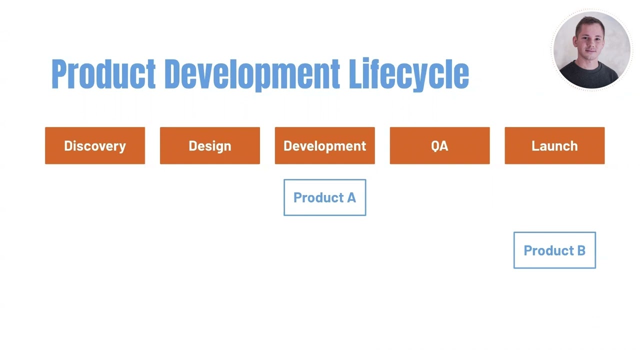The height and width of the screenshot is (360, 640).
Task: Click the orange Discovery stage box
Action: pyautogui.click(x=95, y=145)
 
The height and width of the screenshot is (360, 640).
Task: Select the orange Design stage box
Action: pyautogui.click(x=210, y=145)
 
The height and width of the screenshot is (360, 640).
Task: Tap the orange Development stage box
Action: pyautogui.click(x=325, y=145)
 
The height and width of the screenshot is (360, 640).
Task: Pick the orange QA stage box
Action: pyautogui.click(x=440, y=145)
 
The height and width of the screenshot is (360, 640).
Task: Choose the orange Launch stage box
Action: pyautogui.click(x=554, y=145)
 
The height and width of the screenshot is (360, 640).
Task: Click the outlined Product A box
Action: pyautogui.click(x=325, y=197)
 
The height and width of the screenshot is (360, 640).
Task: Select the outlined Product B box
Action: pyautogui.click(x=554, y=250)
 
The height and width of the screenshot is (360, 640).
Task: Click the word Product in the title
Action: pyautogui.click(x=103, y=74)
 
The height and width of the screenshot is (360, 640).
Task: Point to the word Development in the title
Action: pyautogui.click(x=252, y=74)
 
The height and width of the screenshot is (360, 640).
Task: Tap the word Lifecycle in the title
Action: pyautogui.click(x=408, y=74)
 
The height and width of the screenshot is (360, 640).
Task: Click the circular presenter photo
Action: pyautogui.click(x=591, y=50)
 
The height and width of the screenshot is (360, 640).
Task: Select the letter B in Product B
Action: pyautogui.click(x=580, y=250)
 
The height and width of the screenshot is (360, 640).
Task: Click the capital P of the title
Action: pyautogui.click(x=59, y=74)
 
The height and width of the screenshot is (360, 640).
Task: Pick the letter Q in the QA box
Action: pyautogui.click(x=435, y=146)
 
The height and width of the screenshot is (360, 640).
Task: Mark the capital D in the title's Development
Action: pyautogui.click(x=173, y=74)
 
